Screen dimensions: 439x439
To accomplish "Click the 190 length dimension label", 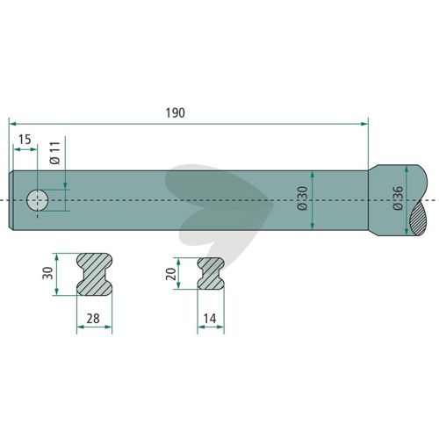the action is (176, 113).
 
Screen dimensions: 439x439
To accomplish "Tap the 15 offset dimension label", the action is (25, 140).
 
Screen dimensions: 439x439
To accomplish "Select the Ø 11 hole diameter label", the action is (55, 153).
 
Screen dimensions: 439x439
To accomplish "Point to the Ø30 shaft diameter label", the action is (302, 198).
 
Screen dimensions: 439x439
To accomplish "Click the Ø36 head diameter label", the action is (398, 198).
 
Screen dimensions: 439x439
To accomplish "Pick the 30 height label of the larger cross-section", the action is (47, 273).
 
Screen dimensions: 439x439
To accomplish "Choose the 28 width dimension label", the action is (93, 319).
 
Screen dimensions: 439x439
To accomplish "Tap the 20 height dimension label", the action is (170, 274).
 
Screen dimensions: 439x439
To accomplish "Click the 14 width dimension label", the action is (210, 319).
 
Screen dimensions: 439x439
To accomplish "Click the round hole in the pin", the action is (38, 200).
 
